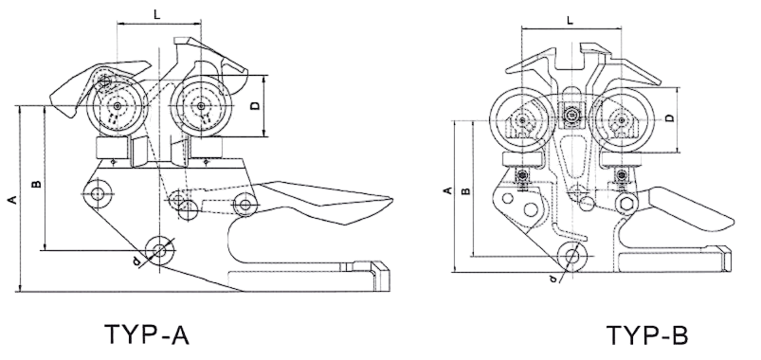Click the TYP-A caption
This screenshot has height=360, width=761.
click(146, 333)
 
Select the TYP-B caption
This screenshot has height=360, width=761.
click(647, 335)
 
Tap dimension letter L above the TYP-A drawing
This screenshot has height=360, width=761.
click(156, 14)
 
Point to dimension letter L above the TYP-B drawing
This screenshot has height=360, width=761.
click(570, 20)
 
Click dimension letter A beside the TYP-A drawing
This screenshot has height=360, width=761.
click(13, 198)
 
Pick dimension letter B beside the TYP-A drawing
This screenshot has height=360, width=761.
click(36, 185)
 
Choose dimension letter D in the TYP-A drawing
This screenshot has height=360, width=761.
click(256, 106)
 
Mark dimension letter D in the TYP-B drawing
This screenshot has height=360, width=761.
click(669, 117)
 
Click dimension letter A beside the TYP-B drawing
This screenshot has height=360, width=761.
click(448, 190)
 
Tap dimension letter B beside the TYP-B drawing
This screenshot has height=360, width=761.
click(465, 190)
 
